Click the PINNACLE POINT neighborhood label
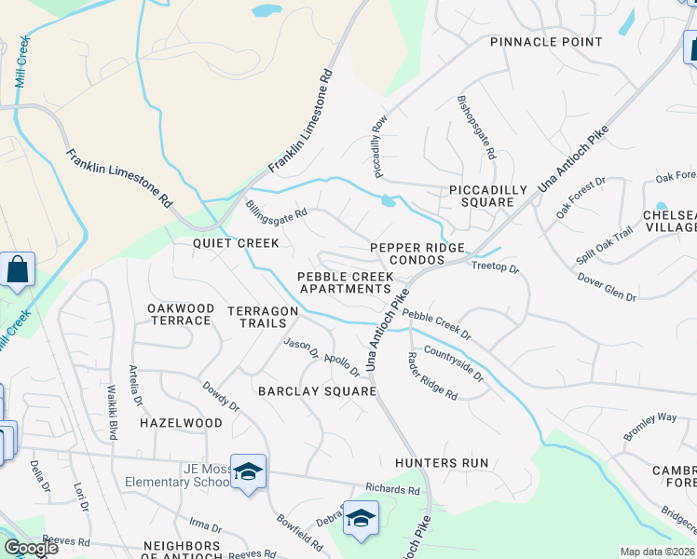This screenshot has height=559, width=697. (x=546, y=42)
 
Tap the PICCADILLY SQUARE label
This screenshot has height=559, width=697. (x=481, y=196)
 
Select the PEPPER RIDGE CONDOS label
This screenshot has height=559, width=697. (x=417, y=253)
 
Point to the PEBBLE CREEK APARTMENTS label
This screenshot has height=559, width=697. (x=345, y=282)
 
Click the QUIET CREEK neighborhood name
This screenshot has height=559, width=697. (x=236, y=243)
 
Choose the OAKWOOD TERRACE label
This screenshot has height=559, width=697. (x=180, y=314)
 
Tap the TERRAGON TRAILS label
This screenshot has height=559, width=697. (x=263, y=317)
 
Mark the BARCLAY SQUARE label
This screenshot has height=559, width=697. (x=317, y=391)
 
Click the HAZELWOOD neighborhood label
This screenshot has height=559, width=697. (x=181, y=423)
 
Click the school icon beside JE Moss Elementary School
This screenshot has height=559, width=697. (x=249, y=472)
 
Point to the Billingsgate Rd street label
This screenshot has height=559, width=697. (x=277, y=210)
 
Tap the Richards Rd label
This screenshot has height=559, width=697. (x=392, y=488)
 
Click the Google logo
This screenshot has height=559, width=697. (x=31, y=548)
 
